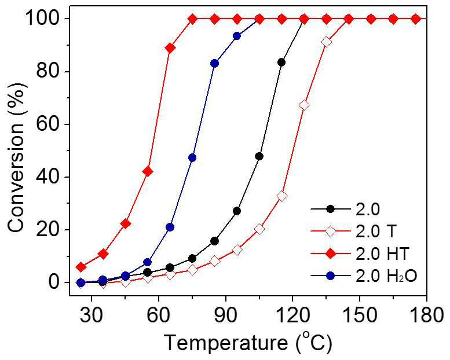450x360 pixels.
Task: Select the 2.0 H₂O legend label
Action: coord(386,276)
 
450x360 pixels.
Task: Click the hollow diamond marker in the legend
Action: coord(331,231)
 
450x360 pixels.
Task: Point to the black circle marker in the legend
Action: coord(331,209)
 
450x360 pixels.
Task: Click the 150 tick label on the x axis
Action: coord(360,315)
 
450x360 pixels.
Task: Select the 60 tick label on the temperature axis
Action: coord(159,315)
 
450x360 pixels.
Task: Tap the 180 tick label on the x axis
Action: coord(427,315)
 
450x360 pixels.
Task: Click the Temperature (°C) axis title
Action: coord(248,343)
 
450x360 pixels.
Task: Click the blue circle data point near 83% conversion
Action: coord(215,64)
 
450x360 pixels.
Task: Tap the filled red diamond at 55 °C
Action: coord(148,171)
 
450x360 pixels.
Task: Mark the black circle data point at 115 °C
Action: coord(281,63)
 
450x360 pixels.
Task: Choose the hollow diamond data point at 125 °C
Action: coord(304,105)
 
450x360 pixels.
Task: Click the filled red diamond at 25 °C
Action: coord(81,267)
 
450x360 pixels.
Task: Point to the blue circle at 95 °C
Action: coord(237,36)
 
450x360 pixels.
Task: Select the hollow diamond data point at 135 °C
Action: coord(326,42)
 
